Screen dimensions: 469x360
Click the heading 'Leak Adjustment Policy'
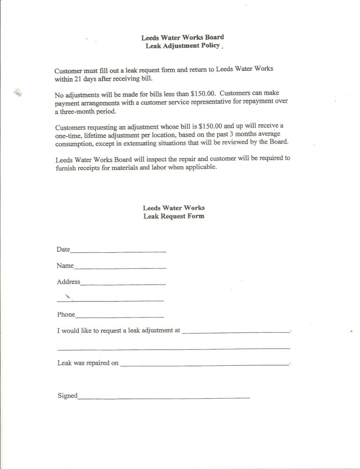tap(182, 46)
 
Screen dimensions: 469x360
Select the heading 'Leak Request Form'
tap(174, 216)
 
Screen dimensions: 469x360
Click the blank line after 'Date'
tap(118, 252)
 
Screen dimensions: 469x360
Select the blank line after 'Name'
tap(120, 268)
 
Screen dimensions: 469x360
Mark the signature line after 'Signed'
tap(164, 398)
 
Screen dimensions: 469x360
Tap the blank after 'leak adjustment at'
tap(235, 332)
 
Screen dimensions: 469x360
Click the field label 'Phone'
tap(66, 314)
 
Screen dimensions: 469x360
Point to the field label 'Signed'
tap(67, 395)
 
